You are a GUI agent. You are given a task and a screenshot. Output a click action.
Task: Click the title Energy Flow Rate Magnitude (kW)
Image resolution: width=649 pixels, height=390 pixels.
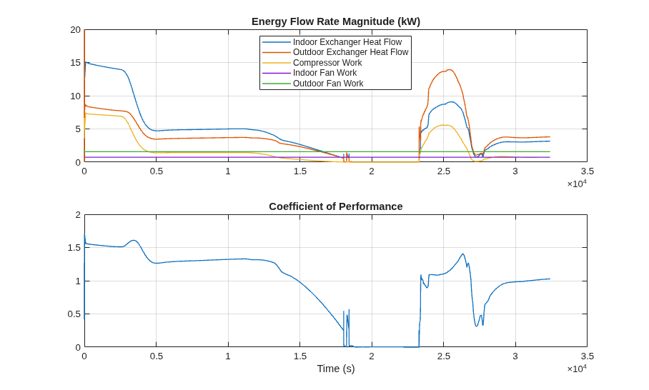336,21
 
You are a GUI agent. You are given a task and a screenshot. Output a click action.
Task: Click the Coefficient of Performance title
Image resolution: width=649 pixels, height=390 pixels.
336,206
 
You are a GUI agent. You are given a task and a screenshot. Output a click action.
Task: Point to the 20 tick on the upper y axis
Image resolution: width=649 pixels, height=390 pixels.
75,30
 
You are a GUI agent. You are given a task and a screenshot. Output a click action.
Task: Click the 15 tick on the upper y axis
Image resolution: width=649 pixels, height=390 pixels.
75,63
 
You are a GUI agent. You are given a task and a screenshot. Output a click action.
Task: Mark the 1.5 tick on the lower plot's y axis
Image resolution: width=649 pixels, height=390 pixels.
74,248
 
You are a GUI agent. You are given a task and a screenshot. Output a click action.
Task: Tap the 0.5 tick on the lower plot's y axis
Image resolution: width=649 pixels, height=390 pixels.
74,314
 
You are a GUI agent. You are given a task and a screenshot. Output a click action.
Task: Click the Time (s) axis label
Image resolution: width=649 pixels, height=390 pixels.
336,369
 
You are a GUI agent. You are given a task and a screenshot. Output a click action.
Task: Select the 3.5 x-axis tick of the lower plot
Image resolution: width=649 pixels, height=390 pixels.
587,356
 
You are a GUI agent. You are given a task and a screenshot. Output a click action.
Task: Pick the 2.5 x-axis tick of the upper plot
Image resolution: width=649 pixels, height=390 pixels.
443,171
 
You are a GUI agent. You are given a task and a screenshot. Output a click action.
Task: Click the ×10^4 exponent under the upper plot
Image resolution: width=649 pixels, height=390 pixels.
577,183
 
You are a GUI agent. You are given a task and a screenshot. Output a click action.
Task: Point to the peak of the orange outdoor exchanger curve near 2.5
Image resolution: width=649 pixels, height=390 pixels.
449,69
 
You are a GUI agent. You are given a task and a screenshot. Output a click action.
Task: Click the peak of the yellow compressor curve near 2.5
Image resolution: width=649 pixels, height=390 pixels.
445,125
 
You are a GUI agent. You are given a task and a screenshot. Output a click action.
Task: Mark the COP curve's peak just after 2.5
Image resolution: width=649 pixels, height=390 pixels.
462,254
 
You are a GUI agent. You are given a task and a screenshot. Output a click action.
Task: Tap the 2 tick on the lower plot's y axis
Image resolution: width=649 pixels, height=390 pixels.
78,215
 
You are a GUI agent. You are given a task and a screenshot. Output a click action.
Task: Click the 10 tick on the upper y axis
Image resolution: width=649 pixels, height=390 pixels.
75,96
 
